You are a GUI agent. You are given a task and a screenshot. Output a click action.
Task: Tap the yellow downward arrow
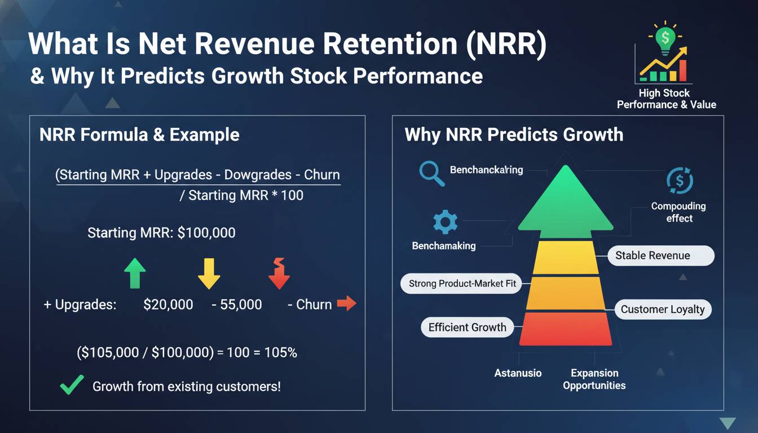click(x=209, y=273)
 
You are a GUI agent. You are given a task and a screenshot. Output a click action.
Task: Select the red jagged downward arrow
click(x=279, y=273)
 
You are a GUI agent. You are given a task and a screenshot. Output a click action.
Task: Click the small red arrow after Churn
click(x=346, y=304)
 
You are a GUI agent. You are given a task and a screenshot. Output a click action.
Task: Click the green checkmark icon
click(x=72, y=385)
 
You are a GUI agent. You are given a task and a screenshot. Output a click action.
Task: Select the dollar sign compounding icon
click(x=679, y=181)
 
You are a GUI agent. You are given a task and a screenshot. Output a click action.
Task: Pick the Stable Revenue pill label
click(x=660, y=255)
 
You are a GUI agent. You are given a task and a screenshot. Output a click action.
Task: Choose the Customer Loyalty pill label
click(x=662, y=309)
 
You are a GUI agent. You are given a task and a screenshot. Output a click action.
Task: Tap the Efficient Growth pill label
click(x=467, y=327)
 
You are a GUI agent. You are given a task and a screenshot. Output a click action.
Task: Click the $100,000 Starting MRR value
click(x=206, y=232)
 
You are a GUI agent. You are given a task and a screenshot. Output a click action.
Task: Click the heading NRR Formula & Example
click(x=139, y=135)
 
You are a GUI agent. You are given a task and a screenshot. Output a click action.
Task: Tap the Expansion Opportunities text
click(x=594, y=379)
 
